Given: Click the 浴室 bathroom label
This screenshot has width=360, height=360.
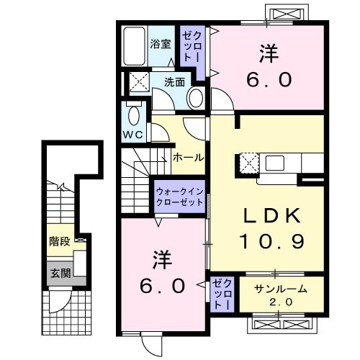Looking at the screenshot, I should pos(160,43).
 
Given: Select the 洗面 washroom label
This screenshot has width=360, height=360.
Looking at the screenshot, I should pos(174,81).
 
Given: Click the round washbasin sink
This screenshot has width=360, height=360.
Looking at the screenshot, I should pos(194,99).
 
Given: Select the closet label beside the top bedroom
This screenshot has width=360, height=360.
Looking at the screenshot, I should pos(193,45).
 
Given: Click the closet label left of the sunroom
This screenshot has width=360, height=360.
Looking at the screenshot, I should pos(222,294).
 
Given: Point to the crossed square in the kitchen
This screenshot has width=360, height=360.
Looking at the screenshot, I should pos(248,163).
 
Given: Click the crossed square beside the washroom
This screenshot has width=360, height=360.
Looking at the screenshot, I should pos(138,81).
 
